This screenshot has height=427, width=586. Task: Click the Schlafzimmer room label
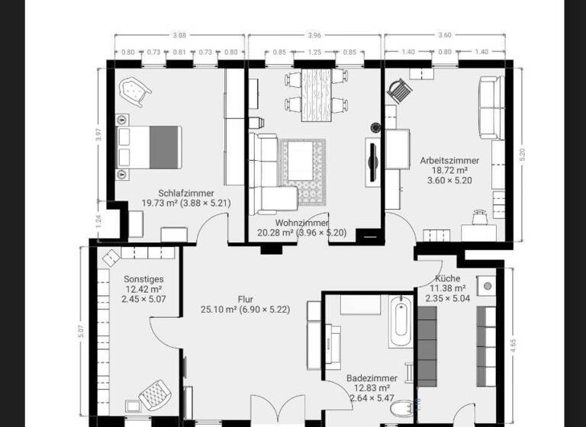click(x=186, y=193)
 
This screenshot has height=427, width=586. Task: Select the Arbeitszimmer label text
click(x=449, y=161)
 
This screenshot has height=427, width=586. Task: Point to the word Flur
click(x=245, y=300)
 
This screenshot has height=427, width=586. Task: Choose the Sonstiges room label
click(x=143, y=279)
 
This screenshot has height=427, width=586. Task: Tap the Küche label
click(x=447, y=278)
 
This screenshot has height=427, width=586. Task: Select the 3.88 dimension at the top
click(x=179, y=36)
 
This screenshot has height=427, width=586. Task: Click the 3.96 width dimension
click(x=314, y=36)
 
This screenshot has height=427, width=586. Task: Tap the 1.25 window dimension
click(x=314, y=53)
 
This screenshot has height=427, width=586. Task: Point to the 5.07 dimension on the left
click(x=80, y=330)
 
